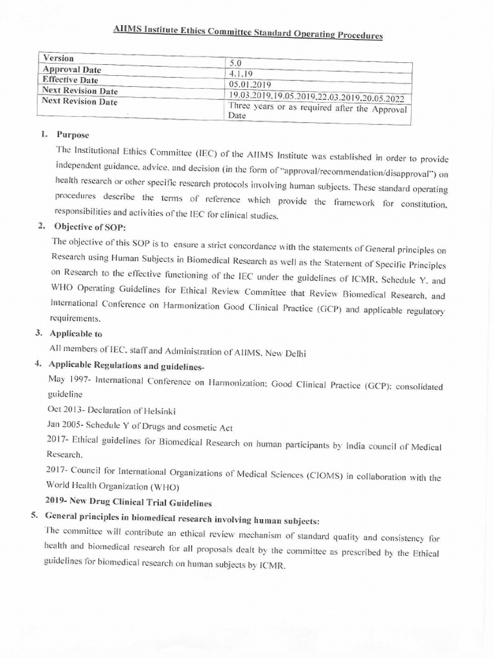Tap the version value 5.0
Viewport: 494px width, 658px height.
236,63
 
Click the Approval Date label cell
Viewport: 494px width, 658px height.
71,69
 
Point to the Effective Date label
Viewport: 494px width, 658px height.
70,80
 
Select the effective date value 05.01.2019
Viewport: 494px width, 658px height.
250,84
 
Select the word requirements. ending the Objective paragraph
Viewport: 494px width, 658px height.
75,318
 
